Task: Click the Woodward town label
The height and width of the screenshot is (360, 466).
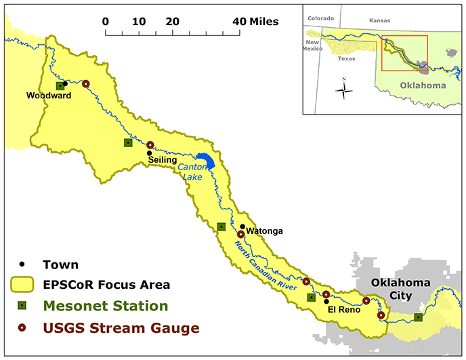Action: point(49,96)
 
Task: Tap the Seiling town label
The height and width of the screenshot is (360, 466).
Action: point(163,159)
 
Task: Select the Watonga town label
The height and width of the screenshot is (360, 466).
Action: point(264,231)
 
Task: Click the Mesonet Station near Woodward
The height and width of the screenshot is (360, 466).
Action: point(60,85)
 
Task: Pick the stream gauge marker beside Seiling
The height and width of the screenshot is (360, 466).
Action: point(150,144)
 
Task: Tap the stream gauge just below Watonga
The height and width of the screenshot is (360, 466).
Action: point(240,235)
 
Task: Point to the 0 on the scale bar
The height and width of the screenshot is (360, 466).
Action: point(106,22)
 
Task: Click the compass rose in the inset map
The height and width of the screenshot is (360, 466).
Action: point(344,89)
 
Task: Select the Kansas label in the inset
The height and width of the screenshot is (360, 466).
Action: point(379,20)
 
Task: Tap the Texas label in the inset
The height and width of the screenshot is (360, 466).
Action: point(346,58)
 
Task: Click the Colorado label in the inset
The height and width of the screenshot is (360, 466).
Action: point(320,18)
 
